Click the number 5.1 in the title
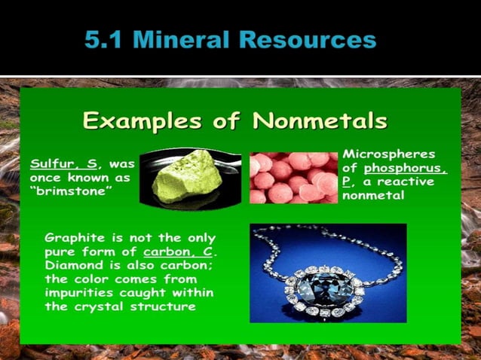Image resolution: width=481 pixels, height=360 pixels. (107, 38)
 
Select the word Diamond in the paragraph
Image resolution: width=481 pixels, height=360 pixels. (73, 265)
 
